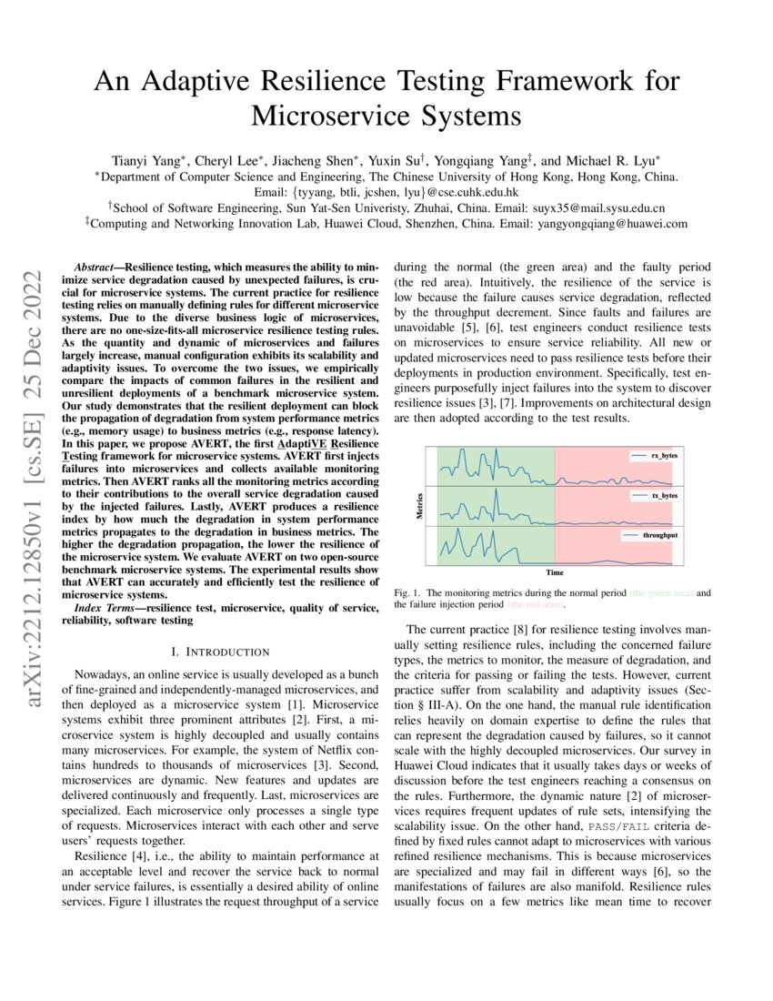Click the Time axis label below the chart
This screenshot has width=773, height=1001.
554,572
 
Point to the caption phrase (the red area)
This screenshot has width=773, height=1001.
535,603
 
